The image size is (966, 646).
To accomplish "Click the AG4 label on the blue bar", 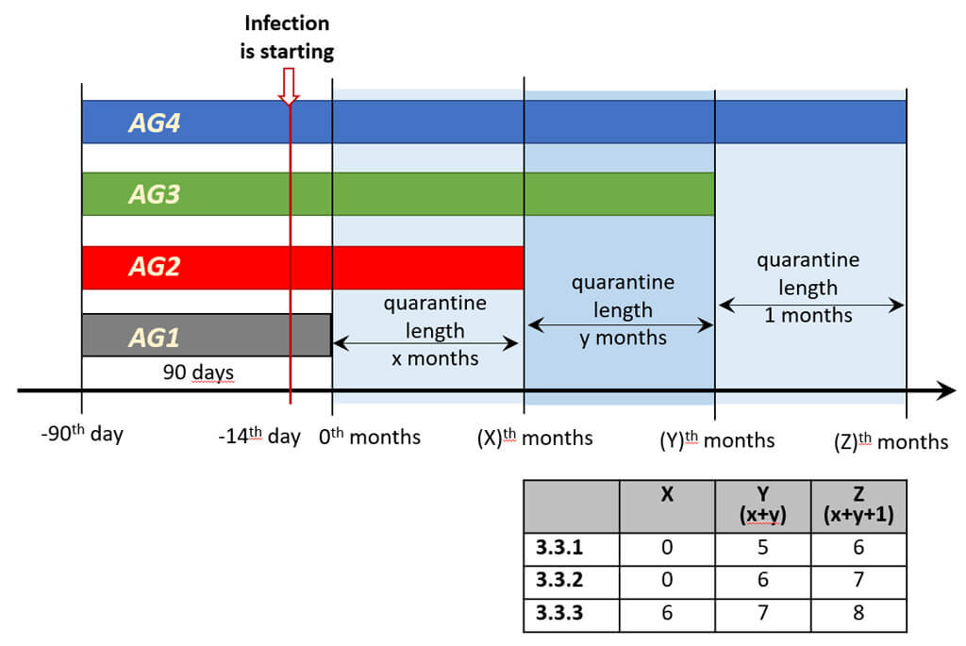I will [x=155, y=123].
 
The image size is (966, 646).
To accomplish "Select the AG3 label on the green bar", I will [x=155, y=194].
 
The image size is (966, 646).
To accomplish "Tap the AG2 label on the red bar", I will [x=155, y=268].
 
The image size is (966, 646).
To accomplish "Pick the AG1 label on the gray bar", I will [x=155, y=337].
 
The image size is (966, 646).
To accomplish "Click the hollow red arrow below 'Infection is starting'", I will [x=289, y=85].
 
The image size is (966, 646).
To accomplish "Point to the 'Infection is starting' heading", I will [x=288, y=37].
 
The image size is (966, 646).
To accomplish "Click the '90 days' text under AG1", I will [x=198, y=373].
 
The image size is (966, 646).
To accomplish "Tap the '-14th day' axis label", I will [x=258, y=437].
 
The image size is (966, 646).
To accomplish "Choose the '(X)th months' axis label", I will [x=535, y=438].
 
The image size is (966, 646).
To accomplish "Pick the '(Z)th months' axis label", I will [x=891, y=441].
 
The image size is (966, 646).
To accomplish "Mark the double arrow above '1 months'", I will [x=811, y=305].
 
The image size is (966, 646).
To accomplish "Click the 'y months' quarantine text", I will [x=623, y=338].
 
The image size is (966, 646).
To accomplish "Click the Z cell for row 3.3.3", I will [x=858, y=612].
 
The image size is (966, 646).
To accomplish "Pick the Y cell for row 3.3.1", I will [x=762, y=547].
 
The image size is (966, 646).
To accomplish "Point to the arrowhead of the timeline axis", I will [x=946, y=389].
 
